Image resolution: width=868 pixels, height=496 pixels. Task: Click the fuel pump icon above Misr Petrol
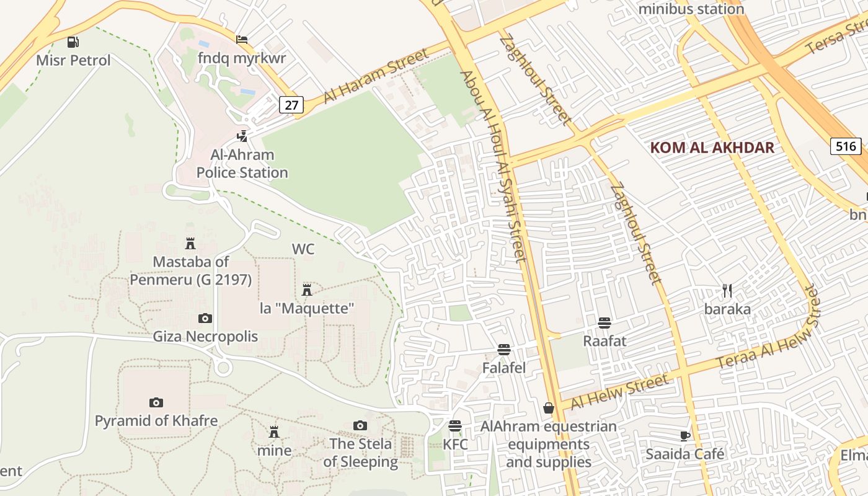[73, 42]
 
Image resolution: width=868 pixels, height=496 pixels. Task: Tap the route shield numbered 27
[291, 105]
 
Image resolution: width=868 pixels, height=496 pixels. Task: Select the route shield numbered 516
[845, 146]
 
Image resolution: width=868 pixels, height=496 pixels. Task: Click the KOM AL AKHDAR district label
[712, 148]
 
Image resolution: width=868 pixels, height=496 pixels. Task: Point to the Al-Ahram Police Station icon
[242, 136]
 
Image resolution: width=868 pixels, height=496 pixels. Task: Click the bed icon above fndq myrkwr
[242, 40]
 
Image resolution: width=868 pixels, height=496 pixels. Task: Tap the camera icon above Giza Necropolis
[205, 319]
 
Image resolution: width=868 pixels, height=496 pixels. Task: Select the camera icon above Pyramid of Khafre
[156, 403]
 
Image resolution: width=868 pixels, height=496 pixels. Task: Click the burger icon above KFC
[455, 426]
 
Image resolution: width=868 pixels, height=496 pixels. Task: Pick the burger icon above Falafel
[504, 350]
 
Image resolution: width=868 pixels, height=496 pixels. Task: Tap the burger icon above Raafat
[604, 322]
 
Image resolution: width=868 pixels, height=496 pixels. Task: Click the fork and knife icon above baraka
[727, 290]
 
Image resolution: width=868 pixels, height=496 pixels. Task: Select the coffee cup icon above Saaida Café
[685, 436]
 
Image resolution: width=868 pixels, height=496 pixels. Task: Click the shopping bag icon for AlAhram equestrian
[549, 408]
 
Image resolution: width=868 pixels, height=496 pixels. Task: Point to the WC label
[303, 249]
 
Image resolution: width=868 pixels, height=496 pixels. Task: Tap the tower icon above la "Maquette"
[306, 290]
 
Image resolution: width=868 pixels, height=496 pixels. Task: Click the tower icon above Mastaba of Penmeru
[190, 244]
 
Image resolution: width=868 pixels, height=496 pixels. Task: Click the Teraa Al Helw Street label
[769, 334]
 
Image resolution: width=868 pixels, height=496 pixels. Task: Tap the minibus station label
[691, 9]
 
